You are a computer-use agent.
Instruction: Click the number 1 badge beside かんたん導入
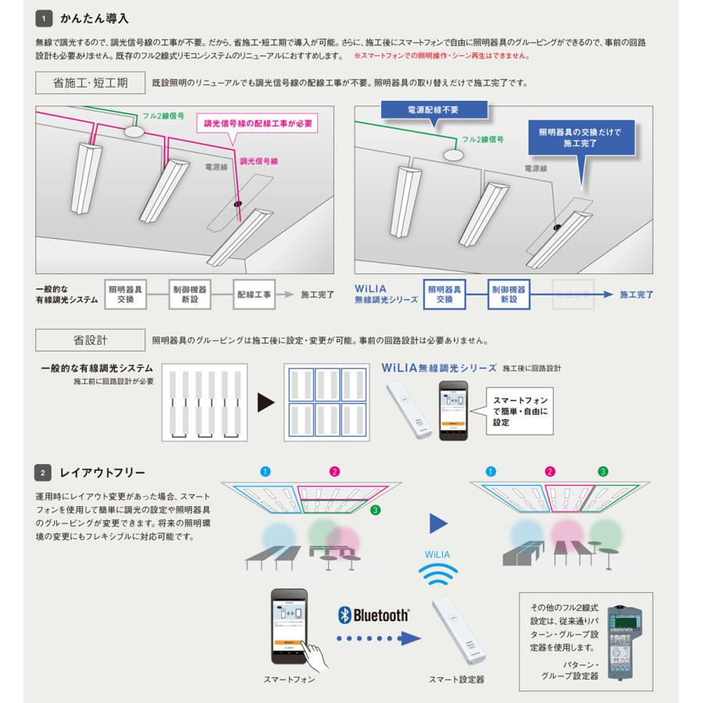click(45, 17)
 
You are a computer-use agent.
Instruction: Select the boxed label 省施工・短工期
click(90, 82)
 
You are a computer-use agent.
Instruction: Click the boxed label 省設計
click(90, 340)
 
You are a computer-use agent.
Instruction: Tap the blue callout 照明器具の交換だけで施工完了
click(580, 138)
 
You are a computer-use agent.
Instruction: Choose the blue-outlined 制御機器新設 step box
click(509, 294)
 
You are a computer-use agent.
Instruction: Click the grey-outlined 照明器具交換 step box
click(125, 294)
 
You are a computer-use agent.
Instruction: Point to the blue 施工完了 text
click(637, 295)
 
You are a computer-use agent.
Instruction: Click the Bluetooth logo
click(374, 615)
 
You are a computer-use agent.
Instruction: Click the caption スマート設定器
click(456, 680)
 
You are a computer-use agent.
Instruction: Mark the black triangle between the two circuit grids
click(266, 403)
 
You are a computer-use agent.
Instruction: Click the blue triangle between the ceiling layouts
click(440, 520)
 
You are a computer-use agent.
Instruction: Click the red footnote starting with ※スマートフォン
click(442, 56)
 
